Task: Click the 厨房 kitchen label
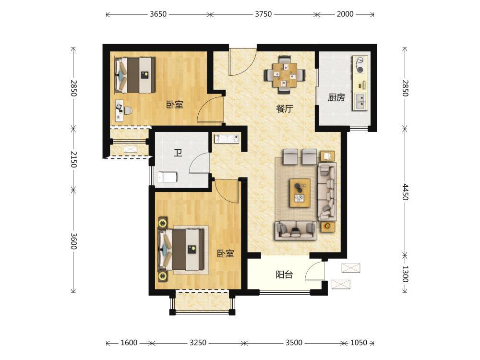click(336, 97)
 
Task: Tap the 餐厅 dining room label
click(285, 108)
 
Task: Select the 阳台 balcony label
click(284, 275)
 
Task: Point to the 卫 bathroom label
click(178, 153)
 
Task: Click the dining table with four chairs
click(285, 75)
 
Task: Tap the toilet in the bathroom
click(167, 177)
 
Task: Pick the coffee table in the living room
click(300, 193)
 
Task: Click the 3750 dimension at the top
click(263, 14)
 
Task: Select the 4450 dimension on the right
click(405, 192)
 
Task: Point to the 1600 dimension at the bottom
click(129, 343)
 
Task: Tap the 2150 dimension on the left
click(73, 159)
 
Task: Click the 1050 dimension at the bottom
click(359, 343)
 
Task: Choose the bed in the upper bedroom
click(135, 75)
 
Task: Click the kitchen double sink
click(360, 102)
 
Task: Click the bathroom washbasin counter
click(227, 138)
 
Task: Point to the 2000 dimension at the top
click(345, 14)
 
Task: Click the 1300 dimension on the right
click(405, 274)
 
